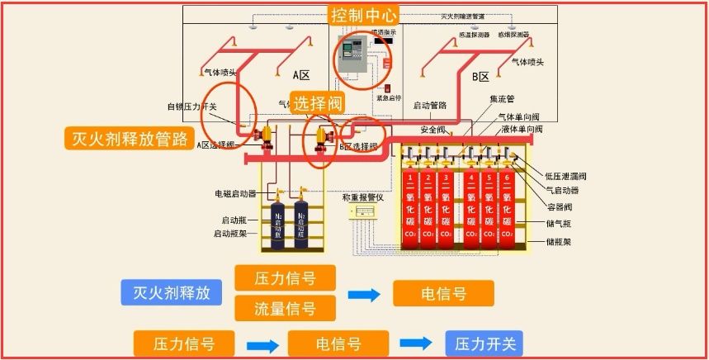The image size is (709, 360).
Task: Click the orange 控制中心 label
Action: [364, 15]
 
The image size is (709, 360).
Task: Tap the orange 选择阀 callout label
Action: [318, 103]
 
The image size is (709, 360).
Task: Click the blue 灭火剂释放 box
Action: [172, 293]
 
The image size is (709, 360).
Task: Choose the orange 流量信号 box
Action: [286, 309]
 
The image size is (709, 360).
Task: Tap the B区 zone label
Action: [480, 77]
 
